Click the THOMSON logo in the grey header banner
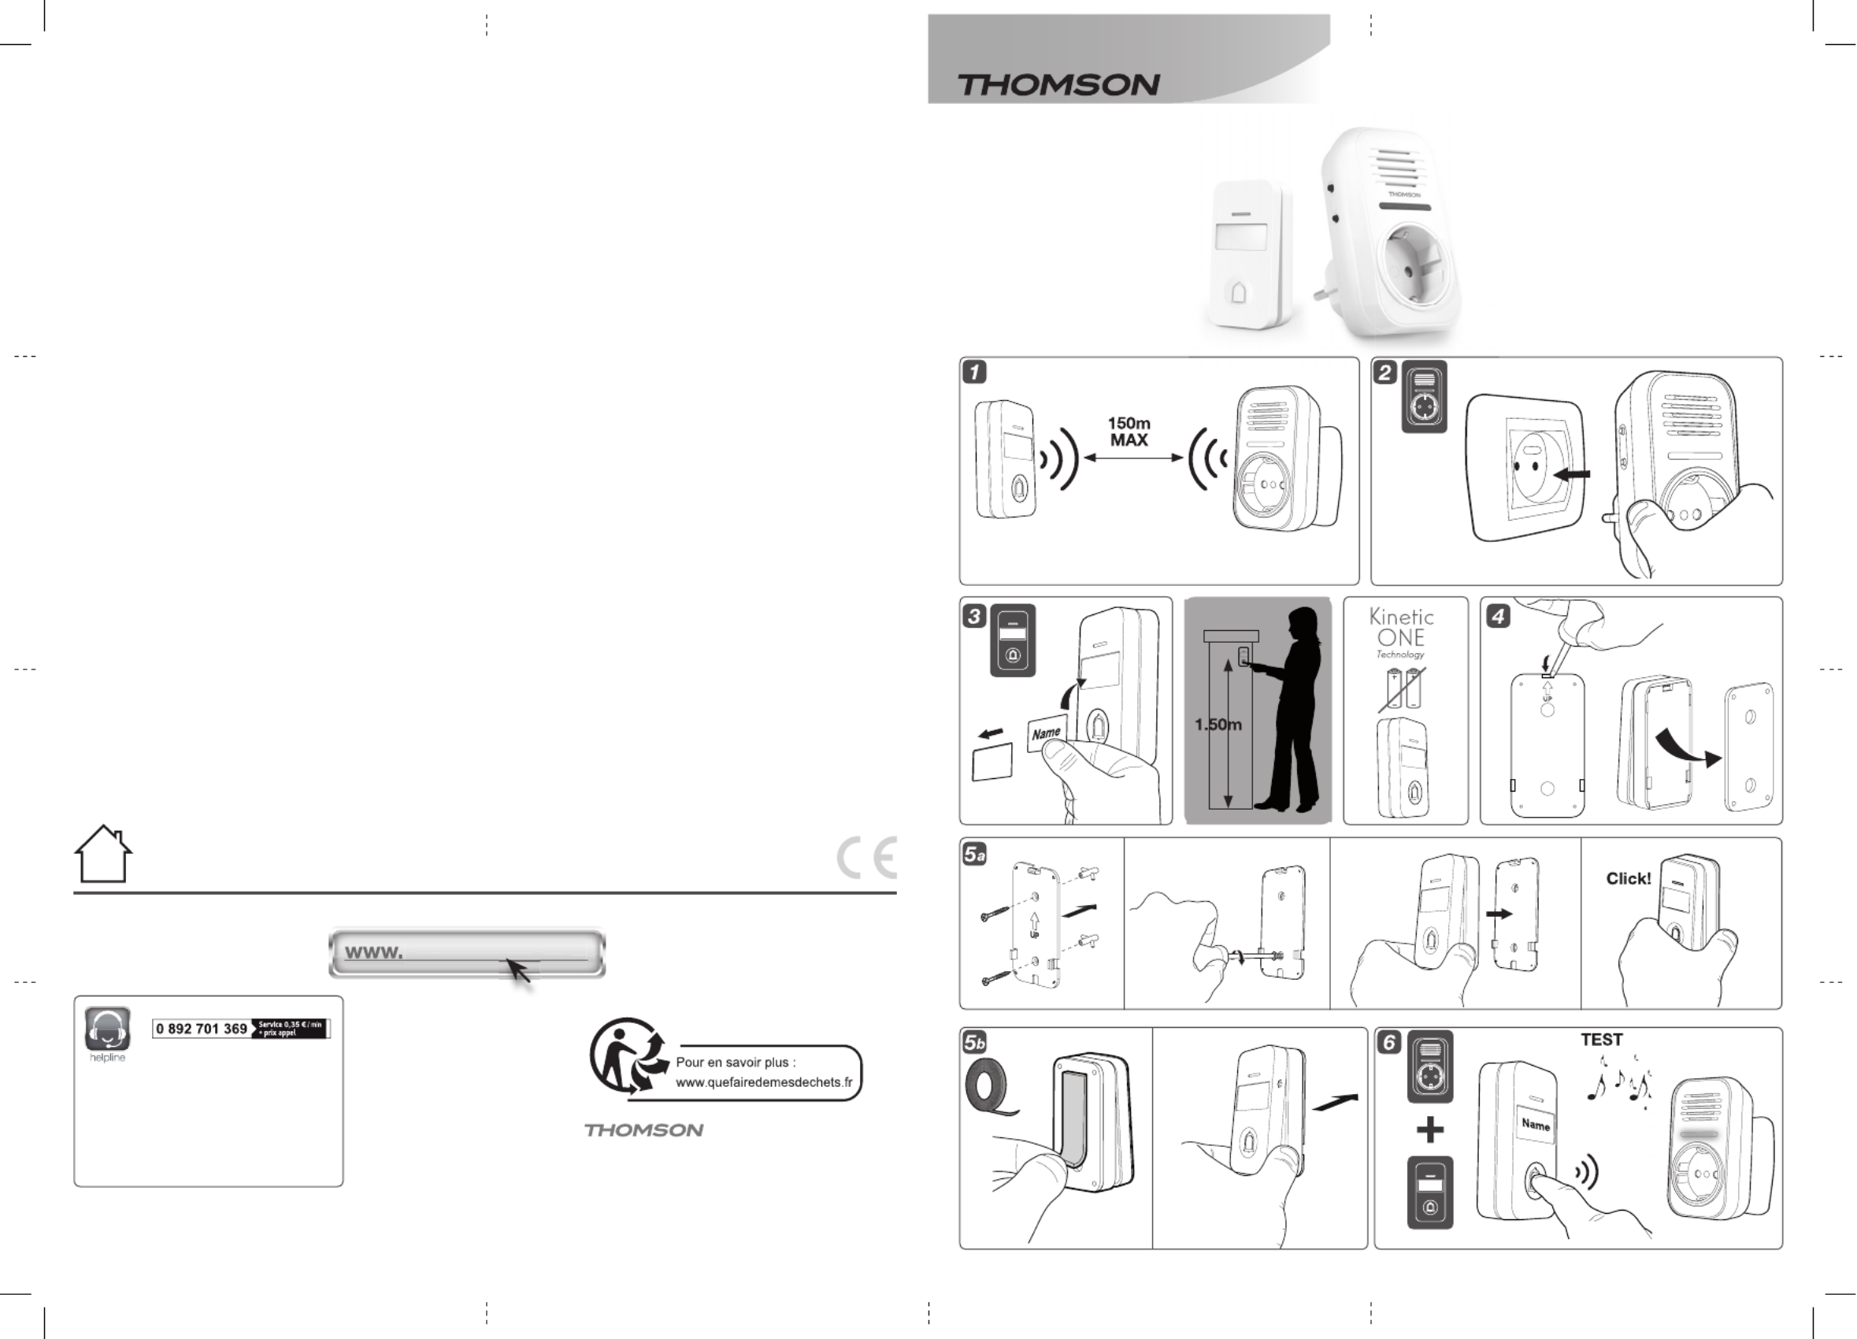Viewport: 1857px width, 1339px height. (1058, 84)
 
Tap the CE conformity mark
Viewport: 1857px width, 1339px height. (867, 858)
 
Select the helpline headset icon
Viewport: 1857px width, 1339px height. (107, 1029)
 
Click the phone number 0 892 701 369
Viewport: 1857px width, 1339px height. (202, 1029)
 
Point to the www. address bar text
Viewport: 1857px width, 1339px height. (374, 952)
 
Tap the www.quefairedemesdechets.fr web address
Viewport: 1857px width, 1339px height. (763, 1082)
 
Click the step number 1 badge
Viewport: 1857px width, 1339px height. (974, 372)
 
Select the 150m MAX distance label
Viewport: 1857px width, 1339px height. (1129, 432)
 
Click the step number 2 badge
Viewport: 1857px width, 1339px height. (1384, 373)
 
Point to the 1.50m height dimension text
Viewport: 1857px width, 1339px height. (1218, 725)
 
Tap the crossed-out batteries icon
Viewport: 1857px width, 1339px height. (1402, 688)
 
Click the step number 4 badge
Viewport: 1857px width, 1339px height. (1498, 616)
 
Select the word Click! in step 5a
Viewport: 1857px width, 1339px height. (1628, 879)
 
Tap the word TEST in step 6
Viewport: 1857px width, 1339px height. (1601, 1040)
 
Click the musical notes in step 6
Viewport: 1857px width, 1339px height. (1618, 1084)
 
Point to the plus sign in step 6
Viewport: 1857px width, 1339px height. (1429, 1130)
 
